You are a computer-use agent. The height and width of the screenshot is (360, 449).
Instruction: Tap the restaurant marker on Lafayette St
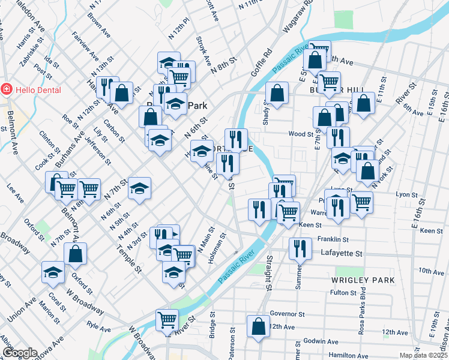point(300,248)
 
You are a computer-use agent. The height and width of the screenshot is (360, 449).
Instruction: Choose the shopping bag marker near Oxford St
point(75,253)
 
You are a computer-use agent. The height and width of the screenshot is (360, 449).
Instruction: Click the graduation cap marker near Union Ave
point(53,272)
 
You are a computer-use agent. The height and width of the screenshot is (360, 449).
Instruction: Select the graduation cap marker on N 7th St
point(139,189)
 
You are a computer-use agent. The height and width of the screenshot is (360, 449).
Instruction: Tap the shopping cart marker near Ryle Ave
point(167,319)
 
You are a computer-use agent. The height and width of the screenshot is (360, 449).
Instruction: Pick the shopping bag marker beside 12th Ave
point(258,327)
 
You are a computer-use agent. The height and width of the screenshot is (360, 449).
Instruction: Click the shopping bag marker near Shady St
point(277,93)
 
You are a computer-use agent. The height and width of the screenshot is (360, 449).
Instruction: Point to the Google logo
point(20,353)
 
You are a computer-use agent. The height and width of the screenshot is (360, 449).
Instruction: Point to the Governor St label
point(288,313)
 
